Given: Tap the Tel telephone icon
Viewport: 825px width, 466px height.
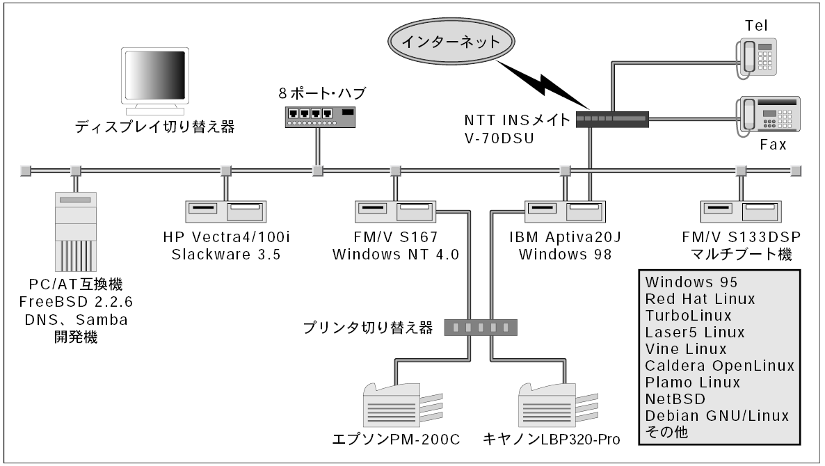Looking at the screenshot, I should [x=756, y=56].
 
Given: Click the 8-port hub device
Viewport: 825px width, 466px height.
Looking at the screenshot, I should [x=320, y=115].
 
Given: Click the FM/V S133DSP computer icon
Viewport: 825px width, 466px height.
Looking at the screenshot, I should [x=739, y=211].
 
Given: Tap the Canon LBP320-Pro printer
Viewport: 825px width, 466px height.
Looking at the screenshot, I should [x=556, y=405].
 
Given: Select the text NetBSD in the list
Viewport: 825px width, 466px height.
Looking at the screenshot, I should [x=675, y=399].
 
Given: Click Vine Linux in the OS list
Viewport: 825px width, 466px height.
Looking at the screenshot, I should [x=686, y=348].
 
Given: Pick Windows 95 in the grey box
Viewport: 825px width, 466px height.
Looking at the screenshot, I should [x=691, y=282].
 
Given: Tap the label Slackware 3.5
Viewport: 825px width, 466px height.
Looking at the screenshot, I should [x=226, y=254].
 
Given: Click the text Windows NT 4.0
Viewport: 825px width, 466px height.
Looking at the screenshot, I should [x=396, y=254].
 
